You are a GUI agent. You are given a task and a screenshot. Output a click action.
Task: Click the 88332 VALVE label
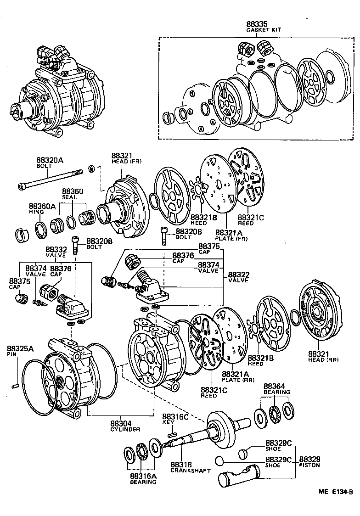coord(56,252)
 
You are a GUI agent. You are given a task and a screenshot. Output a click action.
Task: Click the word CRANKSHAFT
coord(190,471)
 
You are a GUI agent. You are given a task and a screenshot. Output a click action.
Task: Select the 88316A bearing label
coord(143,478)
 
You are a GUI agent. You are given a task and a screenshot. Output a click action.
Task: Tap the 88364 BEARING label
coord(276,389)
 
